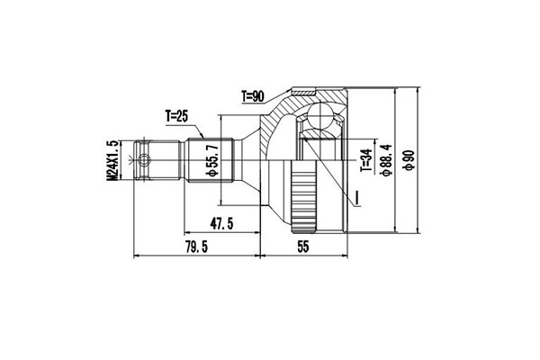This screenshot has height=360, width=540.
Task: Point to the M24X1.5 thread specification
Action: click(113, 162)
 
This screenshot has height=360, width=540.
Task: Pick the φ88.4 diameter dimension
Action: click(386, 159)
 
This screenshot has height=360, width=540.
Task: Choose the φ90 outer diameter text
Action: click(409, 161)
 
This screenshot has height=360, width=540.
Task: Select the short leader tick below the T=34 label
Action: click(357, 195)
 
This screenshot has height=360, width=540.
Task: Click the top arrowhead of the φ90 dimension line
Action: click(420, 92)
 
